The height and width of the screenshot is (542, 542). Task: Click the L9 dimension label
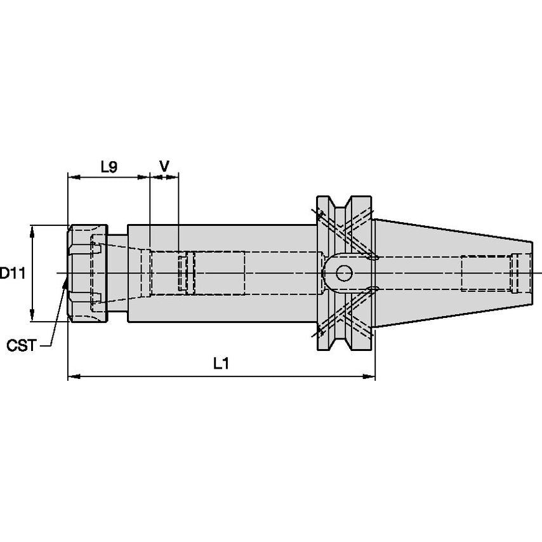[109, 167]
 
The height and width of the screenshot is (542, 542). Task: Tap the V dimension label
[164, 166]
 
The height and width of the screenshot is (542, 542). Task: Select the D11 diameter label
[13, 274]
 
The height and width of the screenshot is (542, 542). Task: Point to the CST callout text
[22, 345]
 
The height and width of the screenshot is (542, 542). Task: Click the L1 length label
[221, 364]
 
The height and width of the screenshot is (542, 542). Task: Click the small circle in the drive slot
[344, 274]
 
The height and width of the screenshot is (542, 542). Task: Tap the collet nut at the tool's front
[88, 274]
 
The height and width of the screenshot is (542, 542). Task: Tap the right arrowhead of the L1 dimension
[369, 376]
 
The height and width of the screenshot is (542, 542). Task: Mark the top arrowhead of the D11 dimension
[32, 231]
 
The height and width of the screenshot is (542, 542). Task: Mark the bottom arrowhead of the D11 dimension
[32, 315]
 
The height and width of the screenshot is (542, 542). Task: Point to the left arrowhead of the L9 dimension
[74, 177]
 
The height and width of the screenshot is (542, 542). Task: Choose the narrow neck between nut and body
[118, 274]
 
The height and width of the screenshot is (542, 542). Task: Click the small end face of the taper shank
[532, 274]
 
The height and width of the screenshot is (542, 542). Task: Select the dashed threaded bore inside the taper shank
[487, 274]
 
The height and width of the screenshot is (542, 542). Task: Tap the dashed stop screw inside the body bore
[187, 274]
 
